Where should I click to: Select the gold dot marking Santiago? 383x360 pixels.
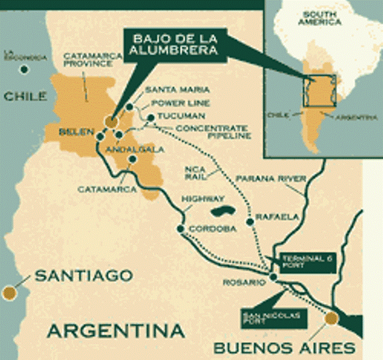(x=8, y=293)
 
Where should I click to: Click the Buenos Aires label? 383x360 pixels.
(x=284, y=347)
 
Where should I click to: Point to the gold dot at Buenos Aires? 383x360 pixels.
(x=332, y=318)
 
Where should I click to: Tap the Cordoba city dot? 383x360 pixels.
(x=181, y=229)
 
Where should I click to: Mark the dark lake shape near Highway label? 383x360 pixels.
(x=221, y=212)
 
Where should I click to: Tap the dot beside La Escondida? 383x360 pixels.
(x=23, y=69)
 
